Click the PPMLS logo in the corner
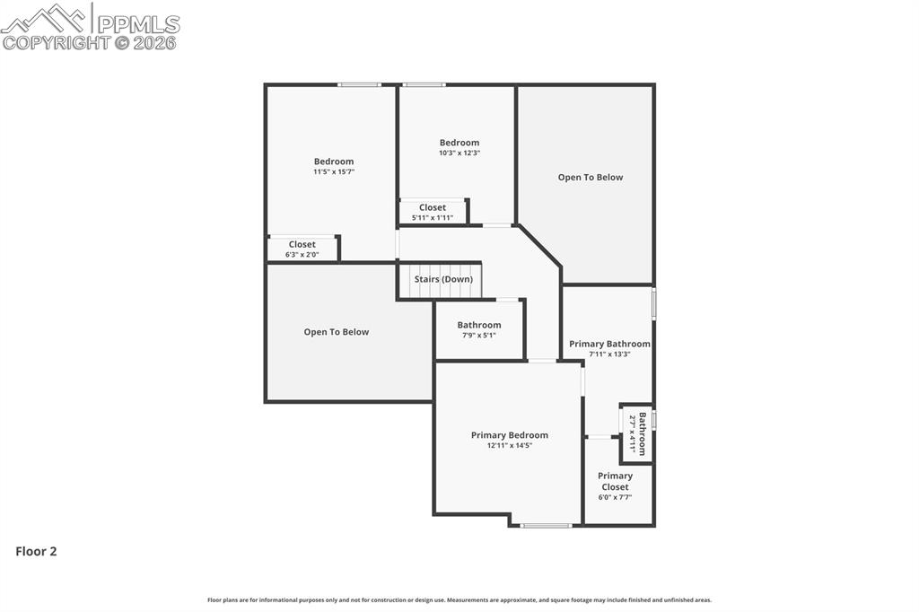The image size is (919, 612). [x=90, y=26]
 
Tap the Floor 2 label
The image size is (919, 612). [x=36, y=552]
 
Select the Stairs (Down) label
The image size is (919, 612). [x=443, y=279]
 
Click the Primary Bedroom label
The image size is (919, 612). [x=509, y=435]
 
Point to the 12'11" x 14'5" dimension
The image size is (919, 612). [x=509, y=445]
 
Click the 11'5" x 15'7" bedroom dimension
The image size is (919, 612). [x=333, y=171]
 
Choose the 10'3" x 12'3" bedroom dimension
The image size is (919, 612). [x=459, y=153]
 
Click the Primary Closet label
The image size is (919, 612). [x=615, y=481]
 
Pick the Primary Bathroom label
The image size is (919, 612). [x=609, y=344]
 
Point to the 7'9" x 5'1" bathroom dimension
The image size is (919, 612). [x=478, y=335]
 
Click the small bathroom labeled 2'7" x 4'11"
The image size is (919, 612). [x=636, y=433]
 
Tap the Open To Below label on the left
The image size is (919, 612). [x=336, y=332]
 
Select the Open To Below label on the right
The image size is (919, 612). [x=590, y=178]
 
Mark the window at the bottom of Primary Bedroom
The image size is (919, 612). [x=546, y=525]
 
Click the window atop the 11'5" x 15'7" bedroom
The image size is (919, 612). [x=359, y=85]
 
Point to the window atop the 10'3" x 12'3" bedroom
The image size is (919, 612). [x=424, y=85]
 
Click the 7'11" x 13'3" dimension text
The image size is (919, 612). [x=609, y=354]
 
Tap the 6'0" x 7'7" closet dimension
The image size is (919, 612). [x=615, y=496]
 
